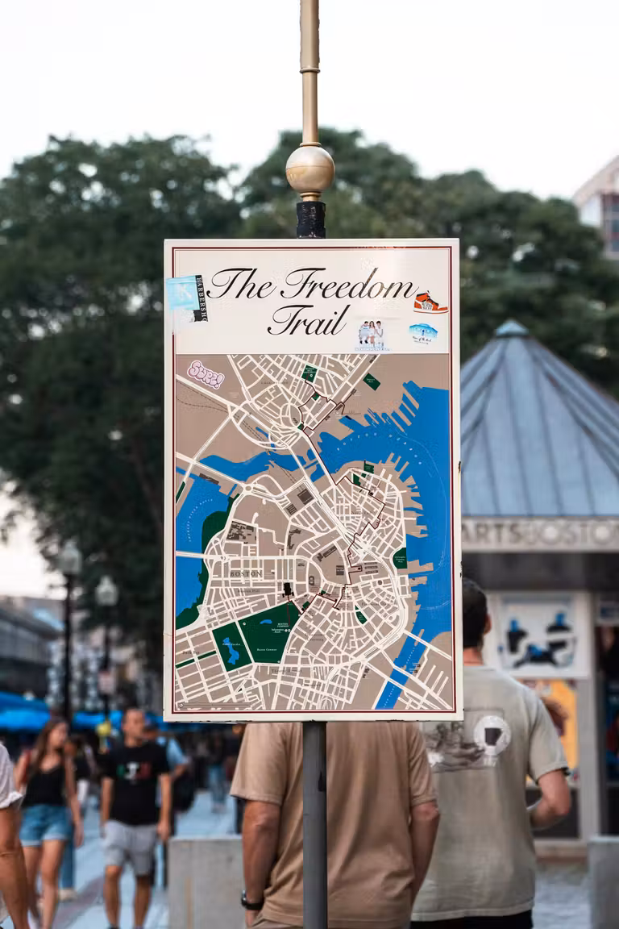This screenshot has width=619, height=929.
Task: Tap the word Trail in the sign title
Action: pos(309,320)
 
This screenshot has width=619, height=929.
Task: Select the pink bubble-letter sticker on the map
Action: pos(206,374)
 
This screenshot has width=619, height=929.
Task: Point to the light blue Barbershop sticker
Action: pos(186,294)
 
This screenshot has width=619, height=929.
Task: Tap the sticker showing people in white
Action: pos(371,334)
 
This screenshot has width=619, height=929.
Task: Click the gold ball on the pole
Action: pos(309,169)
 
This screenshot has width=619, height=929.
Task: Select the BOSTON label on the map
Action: pos(245,573)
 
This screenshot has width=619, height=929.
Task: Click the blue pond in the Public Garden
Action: pos(232,649)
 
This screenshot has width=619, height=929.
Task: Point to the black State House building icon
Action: pos(286,591)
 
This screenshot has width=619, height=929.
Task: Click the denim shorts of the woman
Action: pos(45,823)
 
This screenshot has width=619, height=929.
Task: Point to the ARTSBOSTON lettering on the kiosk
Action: pos(539,534)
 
